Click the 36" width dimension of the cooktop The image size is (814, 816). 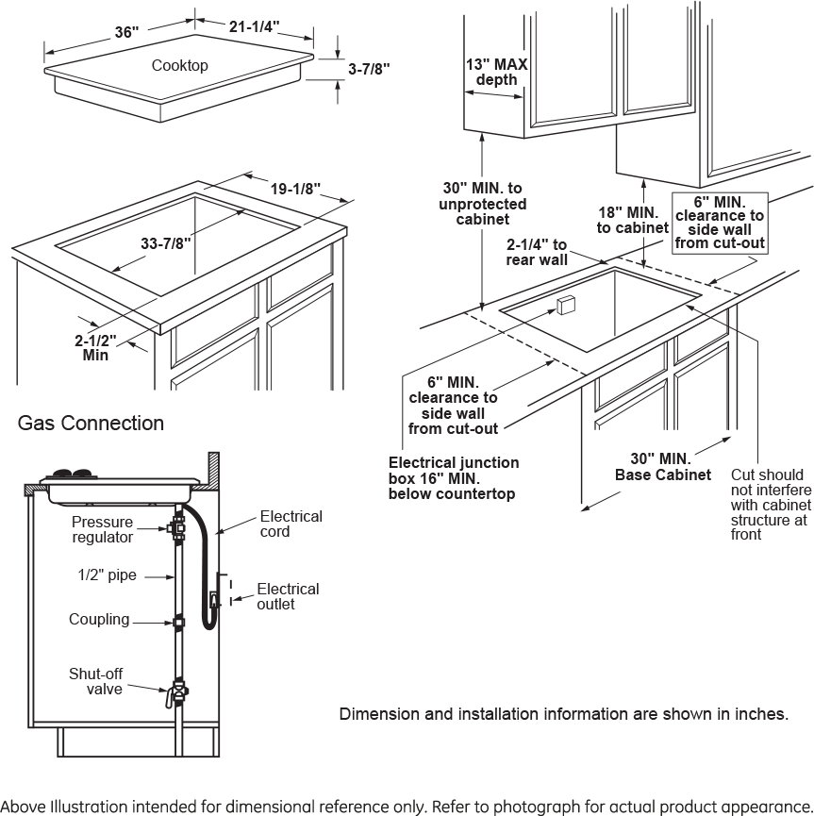click(126, 32)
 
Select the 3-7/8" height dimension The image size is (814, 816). click(369, 69)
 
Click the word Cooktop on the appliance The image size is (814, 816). click(179, 66)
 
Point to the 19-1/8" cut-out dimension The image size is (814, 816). click(295, 189)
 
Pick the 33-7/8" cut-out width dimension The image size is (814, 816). click(166, 243)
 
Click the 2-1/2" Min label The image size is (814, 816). click(96, 348)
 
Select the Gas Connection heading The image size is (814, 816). click(91, 424)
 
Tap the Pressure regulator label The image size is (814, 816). click(103, 529)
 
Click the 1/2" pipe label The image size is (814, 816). click(107, 575)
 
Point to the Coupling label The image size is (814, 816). click(99, 620)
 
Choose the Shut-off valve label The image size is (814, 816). click(96, 681)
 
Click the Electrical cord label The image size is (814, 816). click(291, 524)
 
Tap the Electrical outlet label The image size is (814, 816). click(288, 596)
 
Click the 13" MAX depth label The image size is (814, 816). click(496, 73)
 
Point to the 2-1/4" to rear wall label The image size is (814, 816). click(537, 252)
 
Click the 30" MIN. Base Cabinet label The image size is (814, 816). click(663, 467)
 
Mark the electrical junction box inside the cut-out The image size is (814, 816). click(566, 304)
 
